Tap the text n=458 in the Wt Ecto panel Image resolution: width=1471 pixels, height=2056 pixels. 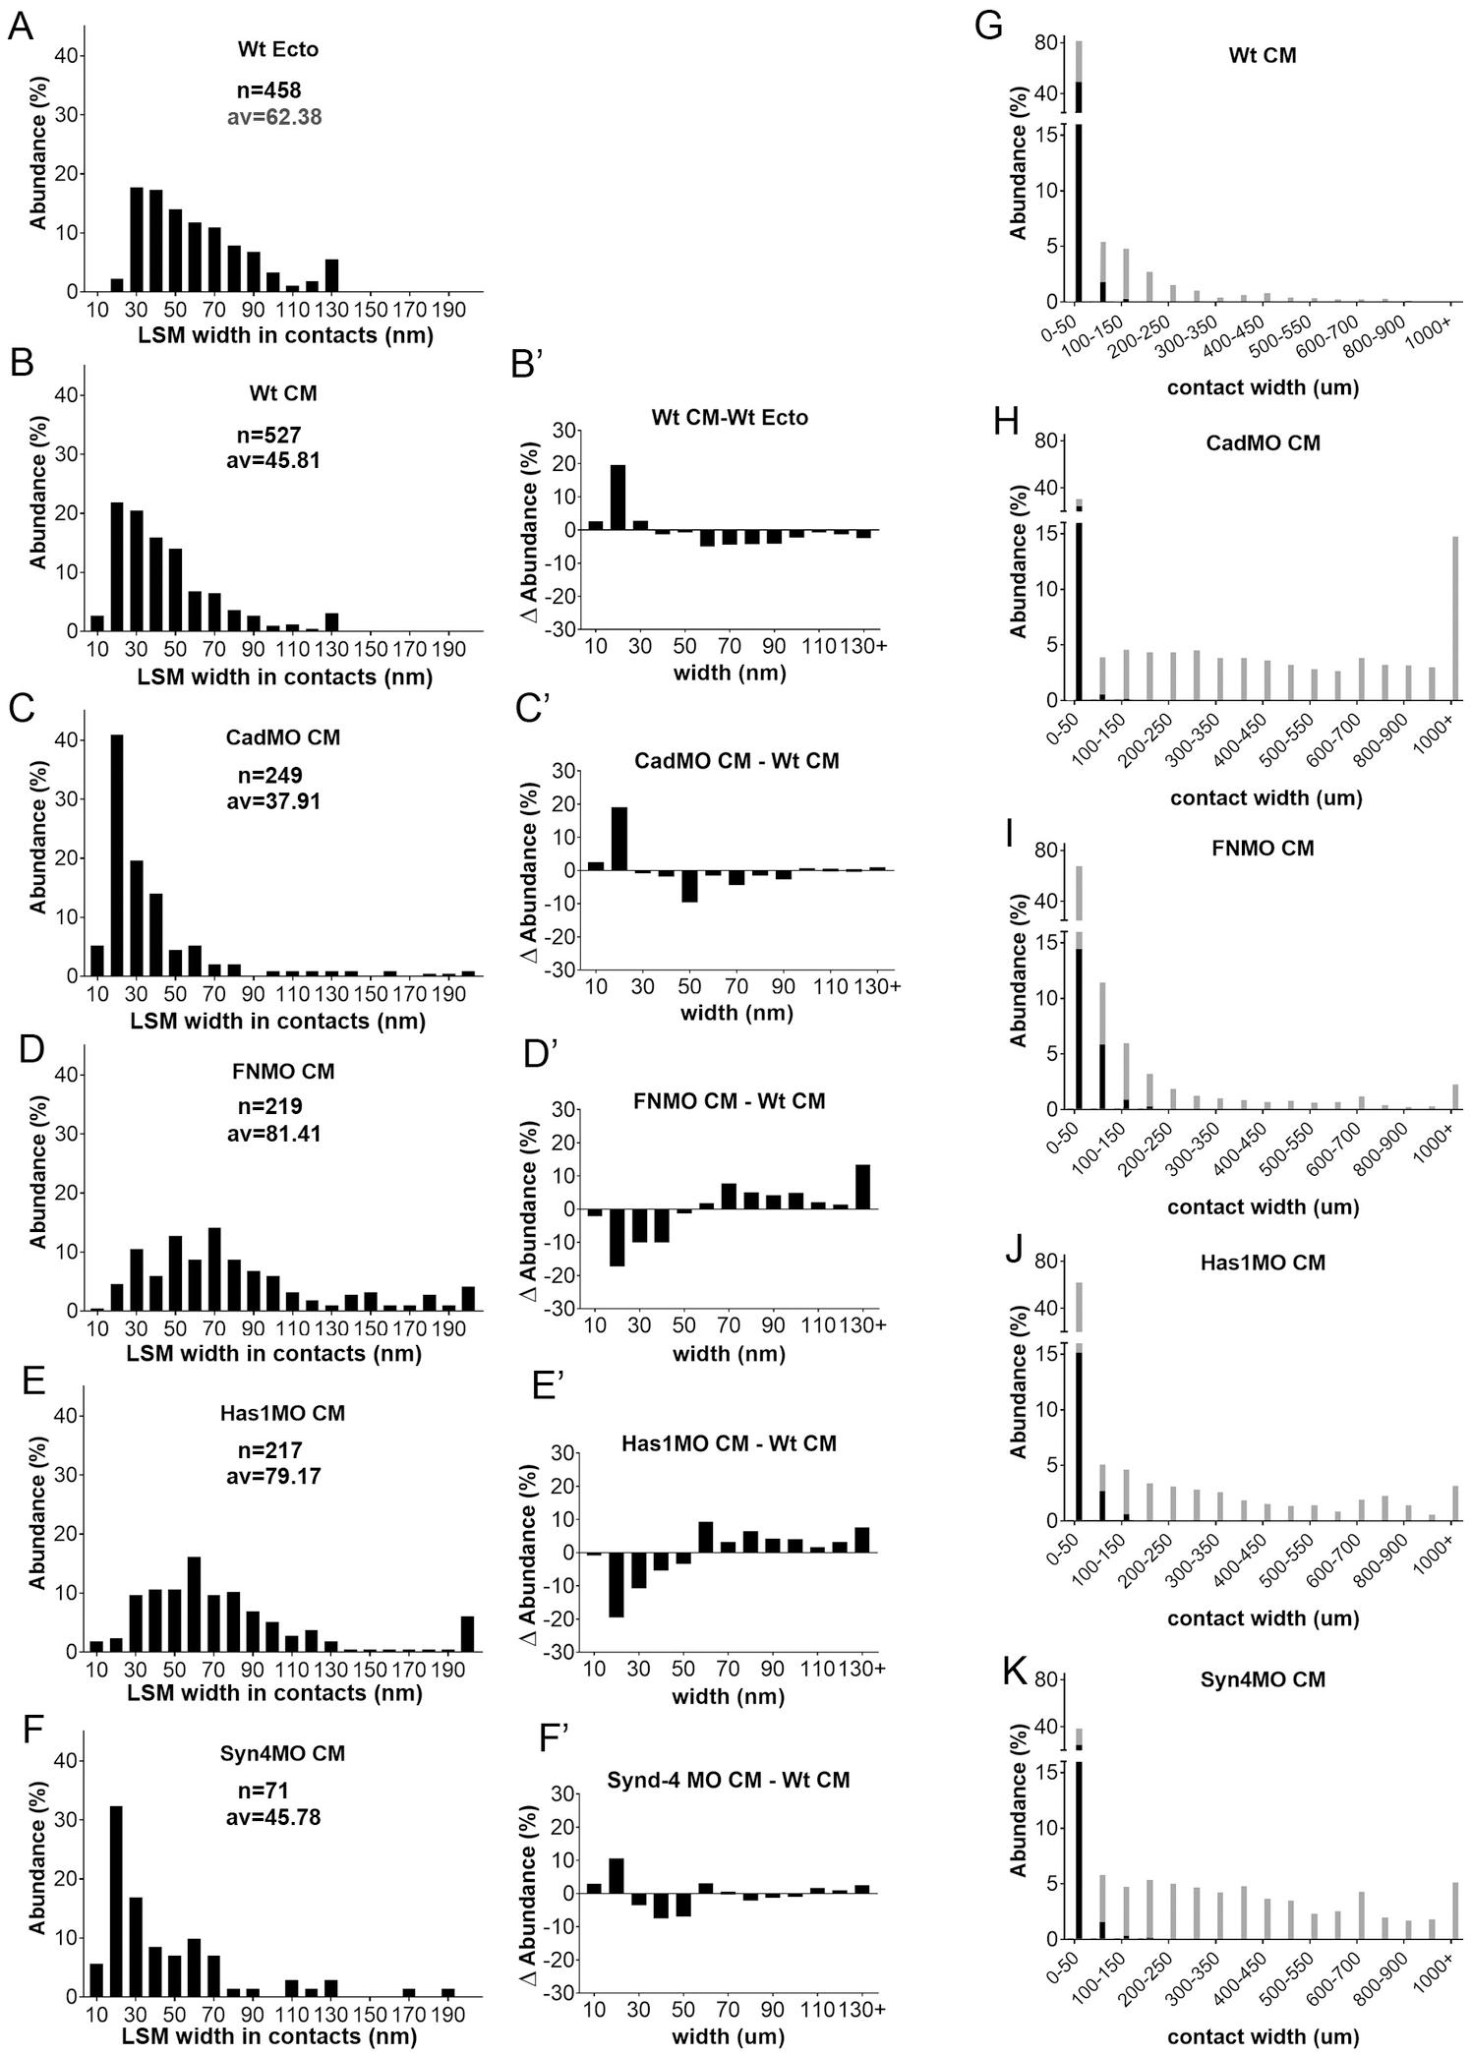coord(269,90)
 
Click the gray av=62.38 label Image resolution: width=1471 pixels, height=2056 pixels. coord(274,117)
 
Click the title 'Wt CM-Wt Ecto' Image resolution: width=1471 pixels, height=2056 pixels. coord(730,418)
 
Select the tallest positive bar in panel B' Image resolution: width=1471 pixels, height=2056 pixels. coord(618,497)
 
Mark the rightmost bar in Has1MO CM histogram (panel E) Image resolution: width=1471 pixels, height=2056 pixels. coord(468,1633)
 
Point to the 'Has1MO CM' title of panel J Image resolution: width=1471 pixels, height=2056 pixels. coord(1264,1263)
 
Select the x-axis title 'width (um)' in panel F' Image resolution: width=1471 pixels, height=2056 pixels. coord(729,2036)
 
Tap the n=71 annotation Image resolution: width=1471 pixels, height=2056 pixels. coord(264,1791)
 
